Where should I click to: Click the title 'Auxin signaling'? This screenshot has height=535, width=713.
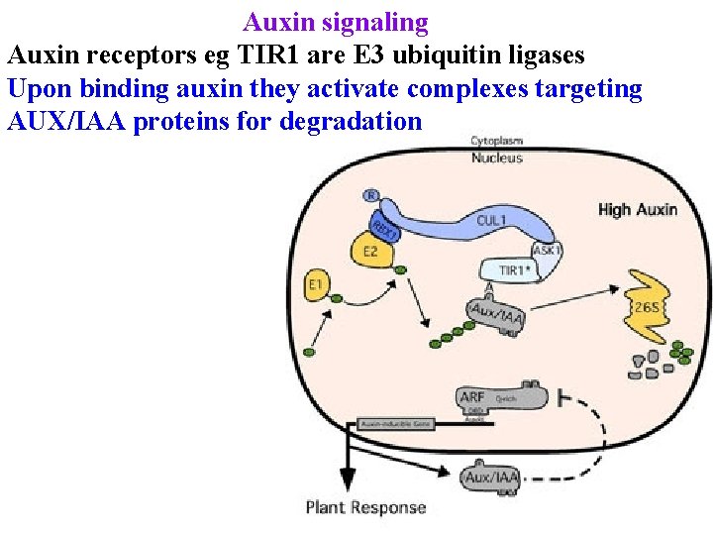336,22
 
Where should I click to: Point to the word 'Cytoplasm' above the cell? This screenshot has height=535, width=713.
496,141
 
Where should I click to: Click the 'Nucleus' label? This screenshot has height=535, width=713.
496,158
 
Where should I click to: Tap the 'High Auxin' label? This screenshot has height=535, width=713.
638,209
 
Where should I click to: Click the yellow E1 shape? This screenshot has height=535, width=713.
317,286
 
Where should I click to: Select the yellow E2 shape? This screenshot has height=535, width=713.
367,252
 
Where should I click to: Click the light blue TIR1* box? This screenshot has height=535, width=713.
511,269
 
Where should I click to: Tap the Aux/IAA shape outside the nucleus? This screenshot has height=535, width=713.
491,478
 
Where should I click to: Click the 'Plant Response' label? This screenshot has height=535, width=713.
365,507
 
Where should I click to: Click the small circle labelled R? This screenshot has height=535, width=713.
371,195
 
